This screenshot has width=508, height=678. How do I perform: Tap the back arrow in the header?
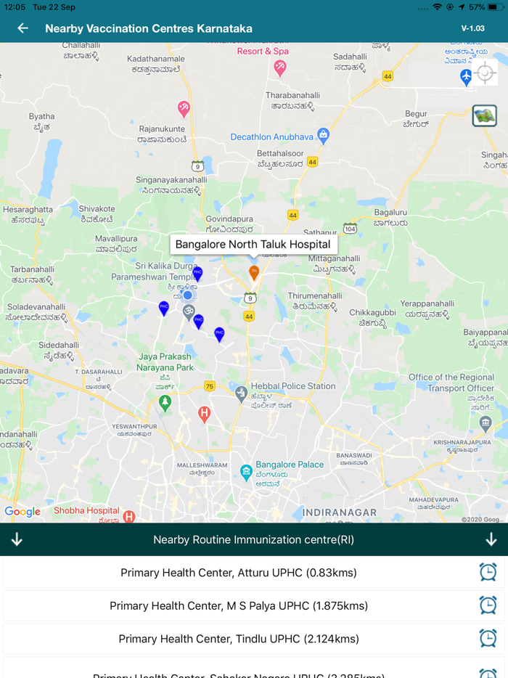(x=23, y=28)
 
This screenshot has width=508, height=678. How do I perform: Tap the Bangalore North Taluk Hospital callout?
(x=253, y=245)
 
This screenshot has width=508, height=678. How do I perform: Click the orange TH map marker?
(x=254, y=273)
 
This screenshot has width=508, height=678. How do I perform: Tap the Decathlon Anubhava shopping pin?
(x=324, y=135)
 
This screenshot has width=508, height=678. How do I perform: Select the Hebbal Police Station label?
(x=293, y=386)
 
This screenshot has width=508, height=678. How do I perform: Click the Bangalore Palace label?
(x=290, y=465)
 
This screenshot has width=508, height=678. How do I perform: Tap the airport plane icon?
(x=466, y=77)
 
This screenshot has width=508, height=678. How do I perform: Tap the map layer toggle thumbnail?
(x=484, y=115)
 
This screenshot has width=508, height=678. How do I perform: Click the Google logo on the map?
(x=22, y=512)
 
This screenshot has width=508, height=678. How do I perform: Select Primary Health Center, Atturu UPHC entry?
(x=239, y=573)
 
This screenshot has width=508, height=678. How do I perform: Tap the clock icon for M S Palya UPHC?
(x=488, y=605)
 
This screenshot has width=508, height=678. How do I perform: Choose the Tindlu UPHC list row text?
(x=239, y=639)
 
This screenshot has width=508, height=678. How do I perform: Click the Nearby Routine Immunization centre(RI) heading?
(x=254, y=539)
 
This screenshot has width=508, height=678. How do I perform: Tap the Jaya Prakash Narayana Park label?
(x=165, y=362)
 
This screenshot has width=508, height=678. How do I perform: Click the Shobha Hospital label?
(x=86, y=510)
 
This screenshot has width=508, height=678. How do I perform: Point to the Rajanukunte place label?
(x=163, y=129)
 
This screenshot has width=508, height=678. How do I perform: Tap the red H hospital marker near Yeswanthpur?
(x=205, y=414)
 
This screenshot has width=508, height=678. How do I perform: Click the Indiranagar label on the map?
(x=340, y=512)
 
